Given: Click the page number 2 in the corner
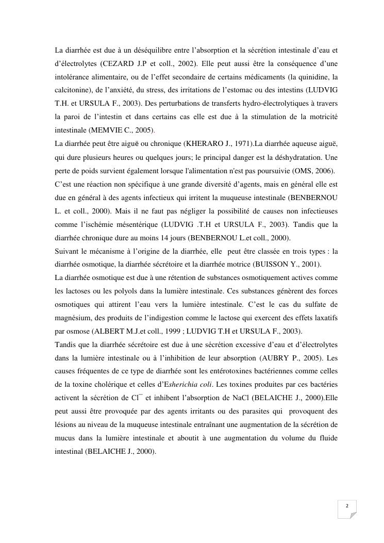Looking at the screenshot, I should pos(347,506).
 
